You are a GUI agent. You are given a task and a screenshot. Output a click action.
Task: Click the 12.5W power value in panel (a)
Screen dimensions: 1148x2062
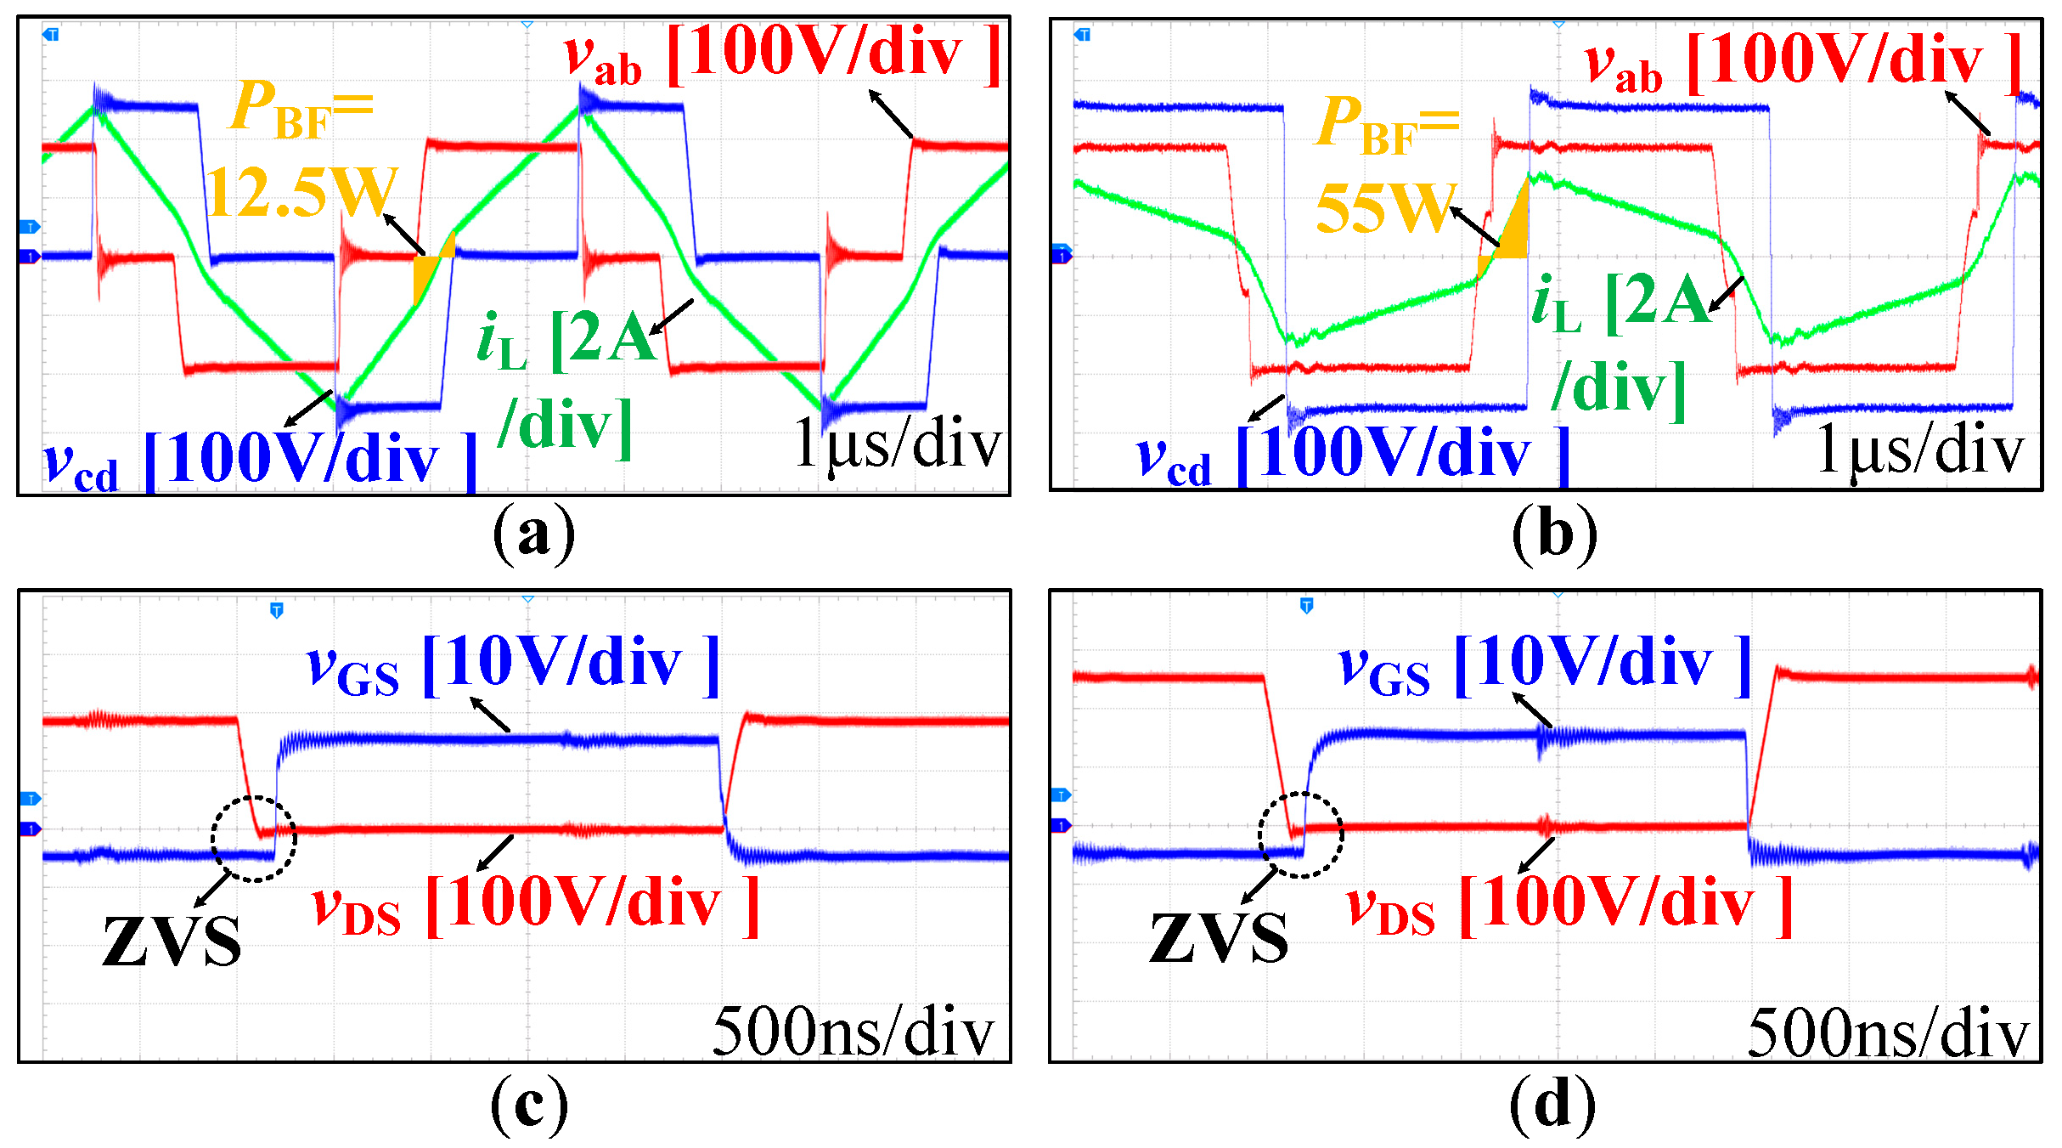[302, 192]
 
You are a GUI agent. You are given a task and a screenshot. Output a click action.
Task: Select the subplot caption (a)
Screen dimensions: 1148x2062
[533, 534]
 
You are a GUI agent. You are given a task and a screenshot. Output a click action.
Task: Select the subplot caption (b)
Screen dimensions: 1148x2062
[1554, 534]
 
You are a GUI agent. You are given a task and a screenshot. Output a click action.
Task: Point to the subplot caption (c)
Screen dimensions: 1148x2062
[530, 1105]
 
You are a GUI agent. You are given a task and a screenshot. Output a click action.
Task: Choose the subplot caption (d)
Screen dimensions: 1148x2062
[1552, 1105]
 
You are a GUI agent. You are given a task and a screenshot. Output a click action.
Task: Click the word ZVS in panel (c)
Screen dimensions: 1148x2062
[172, 942]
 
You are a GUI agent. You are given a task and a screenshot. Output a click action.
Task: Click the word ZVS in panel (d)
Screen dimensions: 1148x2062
[1219, 938]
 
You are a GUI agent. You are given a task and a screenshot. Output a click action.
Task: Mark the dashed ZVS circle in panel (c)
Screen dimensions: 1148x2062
[254, 839]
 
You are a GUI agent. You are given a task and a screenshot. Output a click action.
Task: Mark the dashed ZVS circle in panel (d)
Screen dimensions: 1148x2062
[1300, 834]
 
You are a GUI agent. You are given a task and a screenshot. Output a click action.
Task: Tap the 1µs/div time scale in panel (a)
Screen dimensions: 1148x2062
[897, 444]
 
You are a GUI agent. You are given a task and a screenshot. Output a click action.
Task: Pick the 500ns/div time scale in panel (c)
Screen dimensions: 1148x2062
[853, 1032]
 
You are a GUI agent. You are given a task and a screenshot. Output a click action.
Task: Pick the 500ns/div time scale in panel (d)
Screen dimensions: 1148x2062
[1887, 1033]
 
